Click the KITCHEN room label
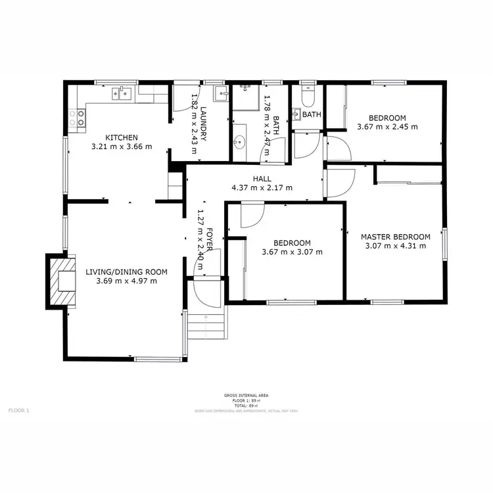(x=122, y=137)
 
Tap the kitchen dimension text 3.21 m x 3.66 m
(x=122, y=147)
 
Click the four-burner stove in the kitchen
(x=77, y=118)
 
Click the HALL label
(x=262, y=178)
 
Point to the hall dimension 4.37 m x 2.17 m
(x=262, y=187)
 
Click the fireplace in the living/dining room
(x=63, y=281)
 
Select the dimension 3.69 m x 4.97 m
(x=126, y=281)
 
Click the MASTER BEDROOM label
(x=395, y=237)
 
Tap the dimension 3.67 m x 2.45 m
(x=387, y=128)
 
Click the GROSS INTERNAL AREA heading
(x=246, y=395)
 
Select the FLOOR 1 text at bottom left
(x=18, y=410)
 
